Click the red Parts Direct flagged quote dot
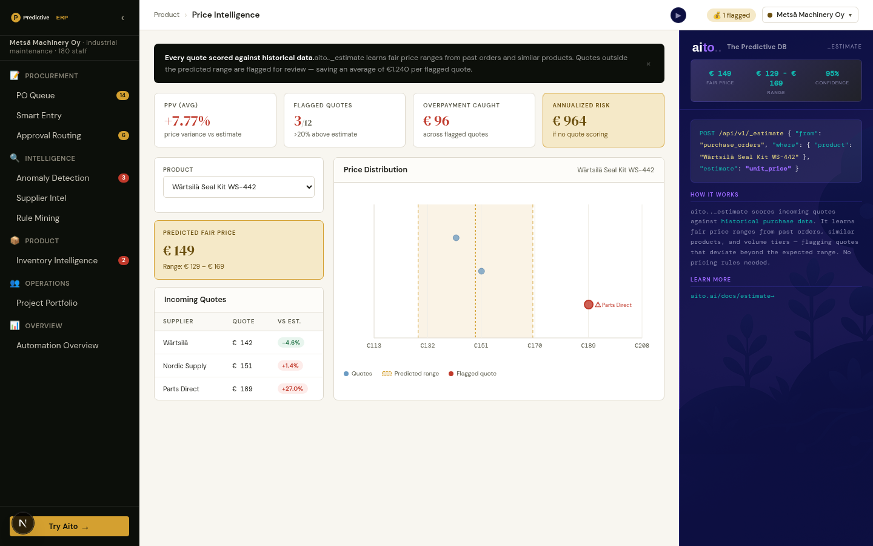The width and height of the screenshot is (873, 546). click(589, 305)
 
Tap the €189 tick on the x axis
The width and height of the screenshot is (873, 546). click(588, 346)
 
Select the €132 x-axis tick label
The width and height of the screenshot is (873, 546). click(427, 346)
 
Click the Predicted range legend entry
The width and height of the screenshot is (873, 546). click(410, 374)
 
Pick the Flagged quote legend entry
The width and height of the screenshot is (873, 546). click(472, 374)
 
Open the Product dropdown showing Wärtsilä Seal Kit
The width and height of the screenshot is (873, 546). click(238, 187)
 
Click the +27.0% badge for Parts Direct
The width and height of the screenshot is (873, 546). click(292, 389)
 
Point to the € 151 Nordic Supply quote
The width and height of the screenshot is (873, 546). click(242, 366)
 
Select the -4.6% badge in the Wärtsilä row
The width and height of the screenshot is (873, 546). click(291, 343)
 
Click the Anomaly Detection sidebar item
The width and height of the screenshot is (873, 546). click(53, 178)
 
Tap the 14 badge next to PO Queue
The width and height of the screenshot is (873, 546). click(122, 95)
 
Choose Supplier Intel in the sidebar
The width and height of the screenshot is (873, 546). click(41, 198)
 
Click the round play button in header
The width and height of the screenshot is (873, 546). click(678, 15)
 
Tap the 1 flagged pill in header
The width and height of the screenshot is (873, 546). click(731, 15)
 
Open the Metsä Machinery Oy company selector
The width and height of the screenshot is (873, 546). click(810, 15)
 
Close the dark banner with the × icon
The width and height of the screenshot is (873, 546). click(649, 64)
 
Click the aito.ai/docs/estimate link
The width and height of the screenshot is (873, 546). click(732, 296)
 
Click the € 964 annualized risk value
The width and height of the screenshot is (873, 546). click(569, 121)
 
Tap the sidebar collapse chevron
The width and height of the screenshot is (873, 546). click(122, 18)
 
